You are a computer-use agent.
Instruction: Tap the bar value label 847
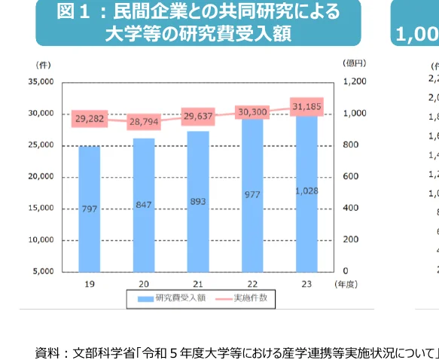coord(144,204)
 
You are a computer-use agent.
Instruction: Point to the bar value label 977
coord(252,194)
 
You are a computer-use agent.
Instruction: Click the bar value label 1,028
coord(306,191)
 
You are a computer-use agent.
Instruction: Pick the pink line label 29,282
coord(90,119)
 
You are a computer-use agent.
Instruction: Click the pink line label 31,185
coord(306,107)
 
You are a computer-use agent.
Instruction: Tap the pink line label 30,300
coord(252,111)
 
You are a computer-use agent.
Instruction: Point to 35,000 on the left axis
coord(40,81)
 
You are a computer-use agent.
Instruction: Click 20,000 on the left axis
coord(40,176)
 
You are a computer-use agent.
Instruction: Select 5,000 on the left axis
coord(42,270)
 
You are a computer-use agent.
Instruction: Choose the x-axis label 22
coord(252,284)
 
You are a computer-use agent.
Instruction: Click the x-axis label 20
coord(144,284)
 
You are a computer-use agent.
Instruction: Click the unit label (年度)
coord(346,284)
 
